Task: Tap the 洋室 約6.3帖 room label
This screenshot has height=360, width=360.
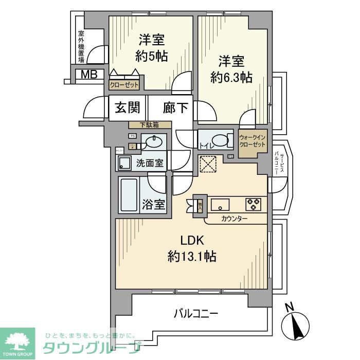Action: (x=231, y=69)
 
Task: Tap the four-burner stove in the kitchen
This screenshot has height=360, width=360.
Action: (x=254, y=203)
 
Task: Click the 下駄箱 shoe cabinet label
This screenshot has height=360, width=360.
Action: (x=150, y=125)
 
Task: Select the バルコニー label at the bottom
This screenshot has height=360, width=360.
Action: (x=196, y=313)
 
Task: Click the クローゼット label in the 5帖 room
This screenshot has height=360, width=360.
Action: (x=123, y=85)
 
